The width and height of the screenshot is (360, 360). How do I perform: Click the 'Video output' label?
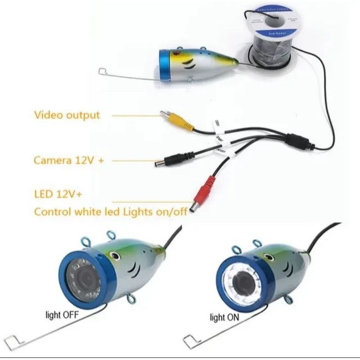pyautogui.click(x=67, y=115)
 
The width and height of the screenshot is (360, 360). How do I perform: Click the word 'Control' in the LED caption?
pyautogui.click(x=52, y=212)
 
